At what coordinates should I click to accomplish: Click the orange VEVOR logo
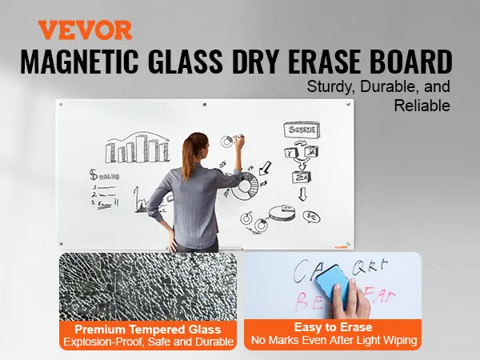click(x=85, y=30)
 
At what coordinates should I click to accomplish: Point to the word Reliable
click(x=422, y=105)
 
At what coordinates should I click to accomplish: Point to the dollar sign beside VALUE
click(x=94, y=174)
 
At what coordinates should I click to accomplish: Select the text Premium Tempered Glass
click(x=148, y=329)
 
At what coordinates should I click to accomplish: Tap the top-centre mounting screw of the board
click(x=206, y=105)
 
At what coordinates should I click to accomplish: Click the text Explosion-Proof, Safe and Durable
click(x=148, y=342)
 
